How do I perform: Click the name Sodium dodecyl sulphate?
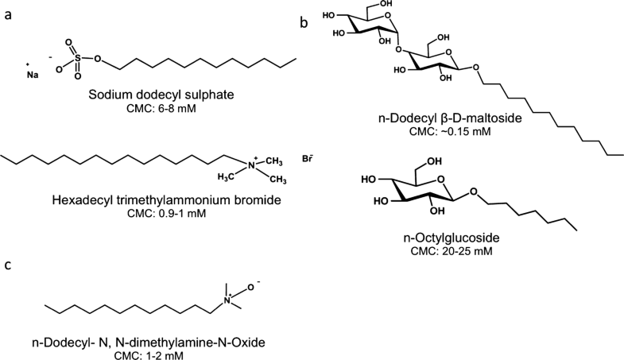[x=161, y=95]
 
